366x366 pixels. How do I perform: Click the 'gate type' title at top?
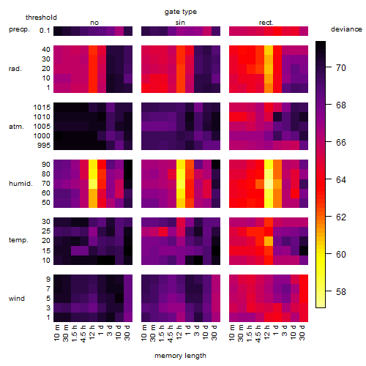pyautogui.click(x=181, y=12)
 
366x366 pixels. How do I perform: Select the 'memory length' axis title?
pyautogui.click(x=180, y=356)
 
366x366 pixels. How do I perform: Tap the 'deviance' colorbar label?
pyautogui.click(x=346, y=29)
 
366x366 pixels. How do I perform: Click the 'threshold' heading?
pyautogui.click(x=41, y=18)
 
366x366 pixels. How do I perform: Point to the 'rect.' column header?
pyautogui.click(x=266, y=23)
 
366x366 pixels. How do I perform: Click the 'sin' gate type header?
pyautogui.click(x=180, y=23)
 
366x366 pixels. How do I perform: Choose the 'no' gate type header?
pyautogui.click(x=94, y=23)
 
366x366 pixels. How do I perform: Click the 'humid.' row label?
pyautogui.click(x=20, y=184)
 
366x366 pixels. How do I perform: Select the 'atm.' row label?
pyautogui.click(x=16, y=127)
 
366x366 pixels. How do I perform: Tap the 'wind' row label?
pyautogui.click(x=17, y=299)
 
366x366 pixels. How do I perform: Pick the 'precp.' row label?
pyautogui.click(x=19, y=30)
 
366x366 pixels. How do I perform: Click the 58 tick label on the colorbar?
pyautogui.click(x=341, y=291)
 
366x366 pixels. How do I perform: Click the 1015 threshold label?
pyautogui.click(x=42, y=108)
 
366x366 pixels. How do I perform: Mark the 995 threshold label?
pyautogui.click(x=44, y=146)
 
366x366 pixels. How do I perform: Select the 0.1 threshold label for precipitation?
pyautogui.click(x=45, y=31)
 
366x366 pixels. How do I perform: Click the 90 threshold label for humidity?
pyautogui.click(x=46, y=165)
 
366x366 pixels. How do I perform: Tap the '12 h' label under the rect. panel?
pyautogui.click(x=266, y=332)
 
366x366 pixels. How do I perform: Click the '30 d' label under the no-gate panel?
pyautogui.click(x=127, y=332)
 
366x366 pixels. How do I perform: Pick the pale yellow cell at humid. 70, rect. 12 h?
pyautogui.click(x=269, y=184)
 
